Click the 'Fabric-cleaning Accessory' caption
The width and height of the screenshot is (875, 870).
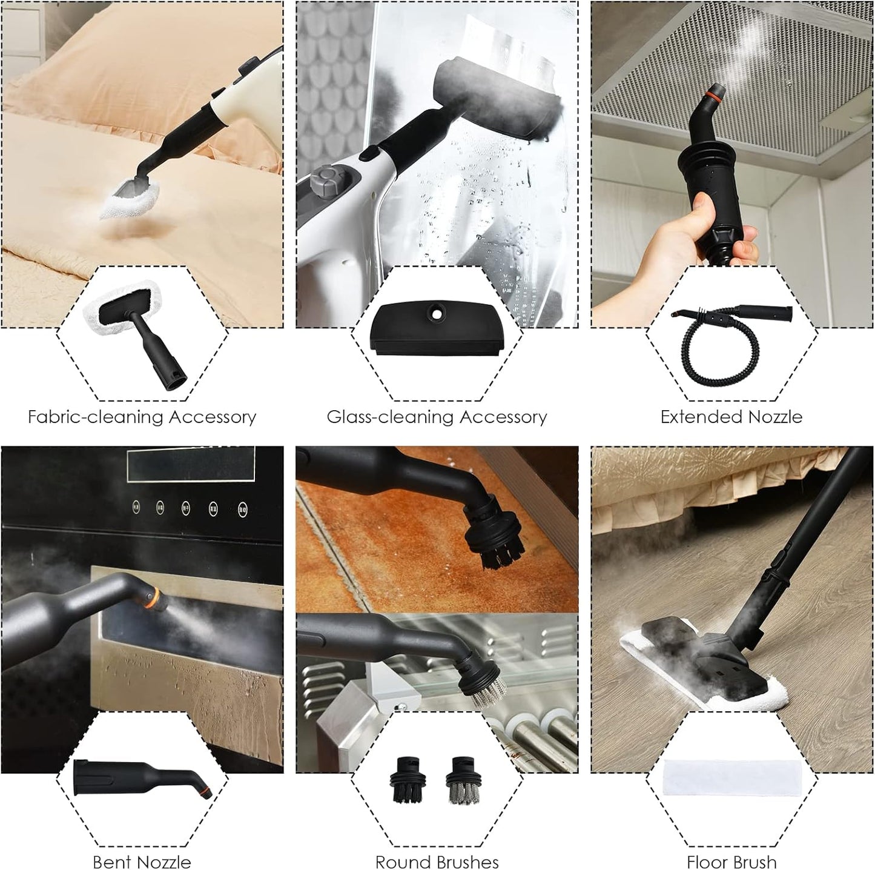click(x=142, y=417)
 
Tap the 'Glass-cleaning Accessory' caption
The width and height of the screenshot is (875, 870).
click(x=437, y=417)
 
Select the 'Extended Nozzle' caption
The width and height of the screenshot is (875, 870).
click(x=731, y=417)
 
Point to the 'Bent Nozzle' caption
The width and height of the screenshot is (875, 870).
click(x=142, y=849)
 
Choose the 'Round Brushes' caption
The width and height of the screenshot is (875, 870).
click(x=437, y=849)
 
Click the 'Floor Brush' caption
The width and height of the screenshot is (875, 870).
click(x=731, y=849)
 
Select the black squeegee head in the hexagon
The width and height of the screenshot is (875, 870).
click(x=437, y=327)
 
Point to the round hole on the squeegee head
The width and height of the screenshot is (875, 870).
click(x=437, y=313)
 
